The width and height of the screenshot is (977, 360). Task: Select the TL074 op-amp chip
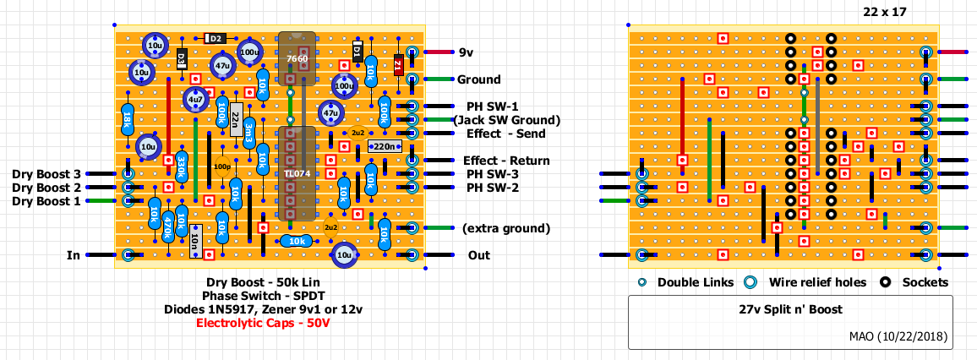[297, 173]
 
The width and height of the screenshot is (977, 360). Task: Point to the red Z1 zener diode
[398, 65]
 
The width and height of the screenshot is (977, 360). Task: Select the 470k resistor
[168, 226]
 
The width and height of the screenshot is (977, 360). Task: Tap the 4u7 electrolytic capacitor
[196, 100]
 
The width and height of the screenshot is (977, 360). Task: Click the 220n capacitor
[384, 146]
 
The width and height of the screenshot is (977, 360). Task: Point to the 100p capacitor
[221, 166]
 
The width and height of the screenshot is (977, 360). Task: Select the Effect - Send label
[505, 134]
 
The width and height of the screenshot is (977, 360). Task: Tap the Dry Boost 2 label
[46, 187]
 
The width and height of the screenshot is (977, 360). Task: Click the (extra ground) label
[506, 228]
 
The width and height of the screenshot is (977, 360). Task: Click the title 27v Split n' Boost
[789, 310]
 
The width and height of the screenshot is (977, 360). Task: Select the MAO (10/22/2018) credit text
[898, 335]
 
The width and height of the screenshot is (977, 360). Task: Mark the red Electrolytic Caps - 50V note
[262, 323]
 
